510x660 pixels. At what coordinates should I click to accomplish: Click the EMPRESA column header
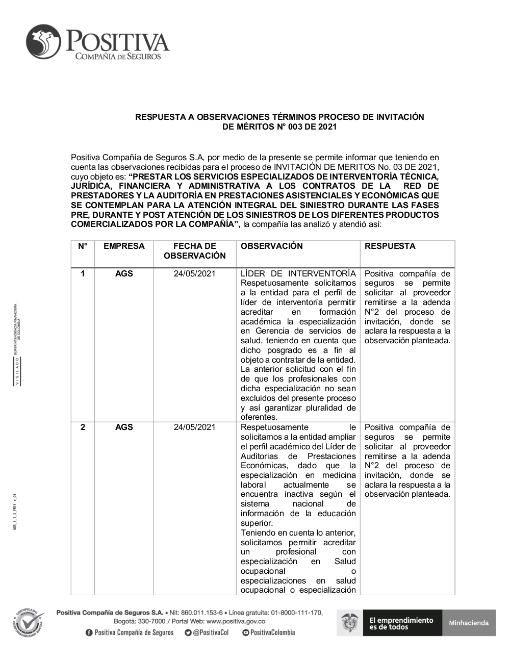point(124,246)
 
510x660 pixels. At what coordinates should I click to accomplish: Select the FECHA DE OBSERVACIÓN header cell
point(195,251)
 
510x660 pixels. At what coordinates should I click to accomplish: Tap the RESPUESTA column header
point(390,246)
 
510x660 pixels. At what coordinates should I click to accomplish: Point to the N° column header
point(83,246)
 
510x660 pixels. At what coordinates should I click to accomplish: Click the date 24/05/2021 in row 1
point(195,274)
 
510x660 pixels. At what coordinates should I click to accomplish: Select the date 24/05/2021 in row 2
point(195,427)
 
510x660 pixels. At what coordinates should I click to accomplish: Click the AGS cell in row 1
point(124,274)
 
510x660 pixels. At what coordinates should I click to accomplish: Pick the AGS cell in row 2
point(124,427)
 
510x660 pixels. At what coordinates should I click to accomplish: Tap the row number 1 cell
point(83,274)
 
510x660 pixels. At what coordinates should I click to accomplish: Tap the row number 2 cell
point(83,427)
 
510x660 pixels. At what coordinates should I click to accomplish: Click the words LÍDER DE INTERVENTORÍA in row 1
point(298,274)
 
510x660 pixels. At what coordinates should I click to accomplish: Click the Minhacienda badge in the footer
point(469,623)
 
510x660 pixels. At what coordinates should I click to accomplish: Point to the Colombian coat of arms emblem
point(350,623)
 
